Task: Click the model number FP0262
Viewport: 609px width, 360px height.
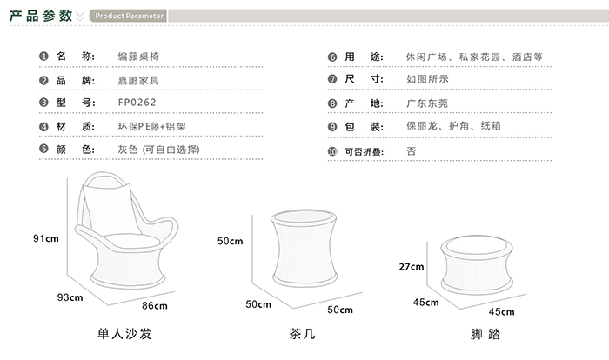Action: [x=137, y=103]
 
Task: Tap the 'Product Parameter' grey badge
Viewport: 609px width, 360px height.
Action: [x=128, y=16]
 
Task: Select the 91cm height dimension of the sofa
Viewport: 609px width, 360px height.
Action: [x=46, y=238]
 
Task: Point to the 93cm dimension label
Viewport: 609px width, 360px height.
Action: [x=70, y=297]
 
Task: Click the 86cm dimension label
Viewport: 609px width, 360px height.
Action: [x=155, y=306]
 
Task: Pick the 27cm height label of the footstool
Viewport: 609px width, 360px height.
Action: [x=412, y=267]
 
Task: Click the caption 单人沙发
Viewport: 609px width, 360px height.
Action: [x=124, y=334]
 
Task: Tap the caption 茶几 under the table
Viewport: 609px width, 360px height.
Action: [x=302, y=334]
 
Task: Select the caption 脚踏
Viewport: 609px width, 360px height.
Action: [x=485, y=334]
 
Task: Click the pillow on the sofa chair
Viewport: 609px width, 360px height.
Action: [x=110, y=210]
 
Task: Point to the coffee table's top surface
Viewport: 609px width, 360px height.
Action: [x=304, y=217]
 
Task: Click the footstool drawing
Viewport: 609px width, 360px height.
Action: [x=477, y=264]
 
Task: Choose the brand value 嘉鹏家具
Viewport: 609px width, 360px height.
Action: [x=138, y=81]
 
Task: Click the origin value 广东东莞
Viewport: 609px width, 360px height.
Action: [x=427, y=103]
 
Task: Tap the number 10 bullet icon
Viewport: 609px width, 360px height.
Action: [x=332, y=151]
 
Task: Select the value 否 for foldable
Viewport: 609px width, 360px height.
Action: [x=412, y=151]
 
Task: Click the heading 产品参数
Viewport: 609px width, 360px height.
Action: [x=41, y=16]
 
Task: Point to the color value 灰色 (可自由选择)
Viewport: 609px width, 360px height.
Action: [x=159, y=150]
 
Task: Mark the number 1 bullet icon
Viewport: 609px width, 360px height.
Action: [x=43, y=57]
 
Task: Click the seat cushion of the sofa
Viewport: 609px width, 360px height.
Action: [x=131, y=241]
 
